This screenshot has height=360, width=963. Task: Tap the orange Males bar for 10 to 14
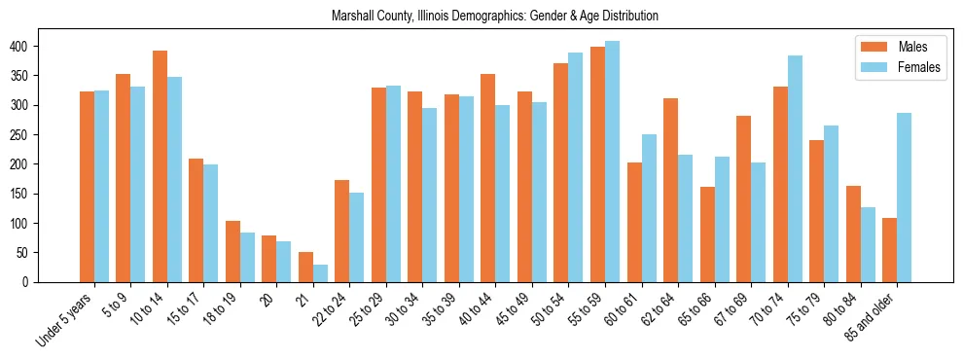160,166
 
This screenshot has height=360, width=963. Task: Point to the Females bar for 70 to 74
795,169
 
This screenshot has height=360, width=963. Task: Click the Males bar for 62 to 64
670,190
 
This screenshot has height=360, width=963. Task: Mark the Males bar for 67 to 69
743,199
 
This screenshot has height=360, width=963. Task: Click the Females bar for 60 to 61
649,208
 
